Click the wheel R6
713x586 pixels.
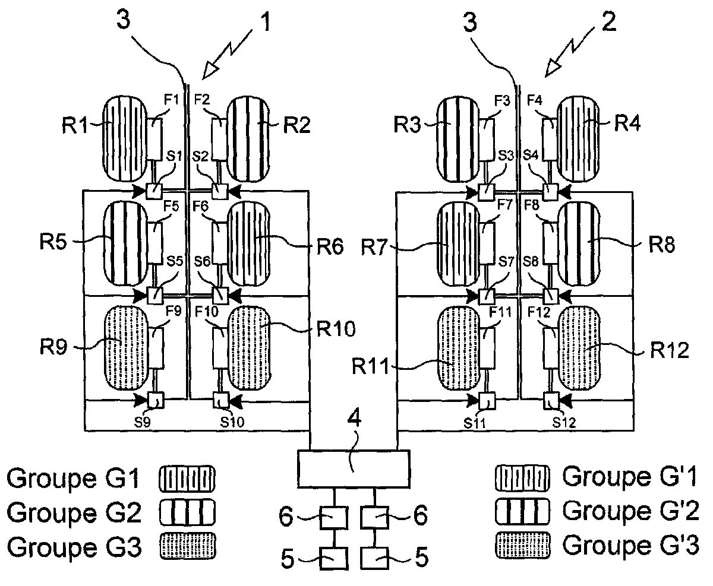coord(249,243)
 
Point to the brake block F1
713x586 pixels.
coord(155,138)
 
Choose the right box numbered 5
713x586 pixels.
coord(377,559)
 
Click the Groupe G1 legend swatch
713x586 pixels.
coord(187,478)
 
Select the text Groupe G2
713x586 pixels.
coord(74,512)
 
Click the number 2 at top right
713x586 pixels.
coord(608,22)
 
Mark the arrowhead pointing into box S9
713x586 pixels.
coord(143,401)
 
